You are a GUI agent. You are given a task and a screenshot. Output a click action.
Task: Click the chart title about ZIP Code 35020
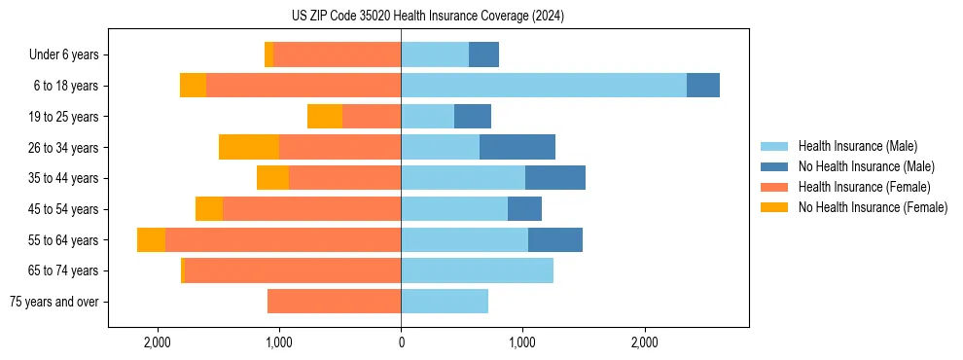click(428, 17)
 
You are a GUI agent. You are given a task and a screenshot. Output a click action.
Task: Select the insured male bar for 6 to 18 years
click(543, 86)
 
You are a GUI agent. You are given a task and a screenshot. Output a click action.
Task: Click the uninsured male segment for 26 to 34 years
click(517, 147)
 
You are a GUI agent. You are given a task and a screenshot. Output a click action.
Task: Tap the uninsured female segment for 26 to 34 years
click(249, 147)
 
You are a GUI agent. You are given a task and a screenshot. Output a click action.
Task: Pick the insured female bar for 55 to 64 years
click(283, 239)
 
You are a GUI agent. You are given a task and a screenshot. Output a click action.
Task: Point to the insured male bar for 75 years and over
click(445, 302)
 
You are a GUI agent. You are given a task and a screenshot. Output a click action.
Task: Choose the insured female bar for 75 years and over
click(334, 302)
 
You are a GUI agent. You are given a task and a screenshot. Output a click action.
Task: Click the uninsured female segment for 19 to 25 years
click(325, 117)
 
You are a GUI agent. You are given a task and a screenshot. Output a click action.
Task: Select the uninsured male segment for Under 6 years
click(483, 54)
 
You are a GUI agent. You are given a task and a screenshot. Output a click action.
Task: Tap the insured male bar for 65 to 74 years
click(477, 270)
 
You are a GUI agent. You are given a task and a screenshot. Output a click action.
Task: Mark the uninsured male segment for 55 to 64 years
click(555, 239)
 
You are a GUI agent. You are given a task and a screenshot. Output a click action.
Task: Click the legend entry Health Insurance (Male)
click(857, 146)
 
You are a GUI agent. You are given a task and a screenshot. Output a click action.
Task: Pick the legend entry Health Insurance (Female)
click(864, 187)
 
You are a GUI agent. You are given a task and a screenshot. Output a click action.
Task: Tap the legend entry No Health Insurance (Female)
click(872, 207)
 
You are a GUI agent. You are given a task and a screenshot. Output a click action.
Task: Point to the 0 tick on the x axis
click(401, 342)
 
